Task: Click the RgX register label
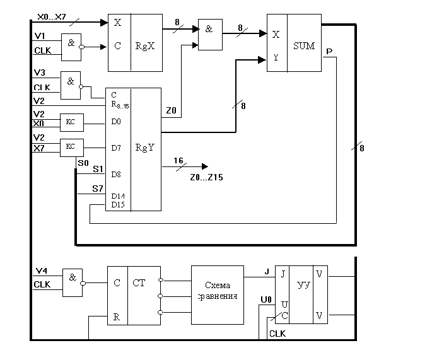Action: coord(145,45)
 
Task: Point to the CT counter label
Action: coord(139,283)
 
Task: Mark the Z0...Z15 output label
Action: coord(206,178)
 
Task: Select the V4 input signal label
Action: coord(40,272)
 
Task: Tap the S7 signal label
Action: coord(97,189)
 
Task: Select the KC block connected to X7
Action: coord(71,147)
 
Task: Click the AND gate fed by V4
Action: coord(73,282)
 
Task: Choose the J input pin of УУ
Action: coord(281,274)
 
